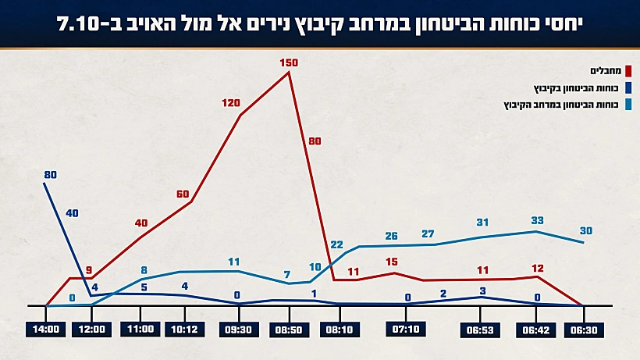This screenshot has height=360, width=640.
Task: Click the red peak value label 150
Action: pyautogui.click(x=289, y=61)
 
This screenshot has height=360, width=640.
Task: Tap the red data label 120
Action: pyautogui.click(x=231, y=103)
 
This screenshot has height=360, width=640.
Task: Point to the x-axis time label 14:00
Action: pyautogui.click(x=46, y=330)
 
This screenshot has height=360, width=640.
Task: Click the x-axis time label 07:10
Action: pyautogui.click(x=407, y=330)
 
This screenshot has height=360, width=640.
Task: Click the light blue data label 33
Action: pyautogui.click(x=537, y=221)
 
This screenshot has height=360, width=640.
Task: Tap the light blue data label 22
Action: pyautogui.click(x=337, y=245)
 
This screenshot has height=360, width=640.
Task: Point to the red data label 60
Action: pyautogui.click(x=183, y=194)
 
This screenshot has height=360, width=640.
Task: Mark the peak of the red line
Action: pyautogui.click(x=290, y=73)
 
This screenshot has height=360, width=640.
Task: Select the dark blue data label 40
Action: pyautogui.click(x=72, y=212)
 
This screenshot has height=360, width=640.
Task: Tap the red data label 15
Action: pyautogui.click(x=392, y=262)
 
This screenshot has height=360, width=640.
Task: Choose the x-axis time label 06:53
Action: pyautogui.click(x=481, y=330)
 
